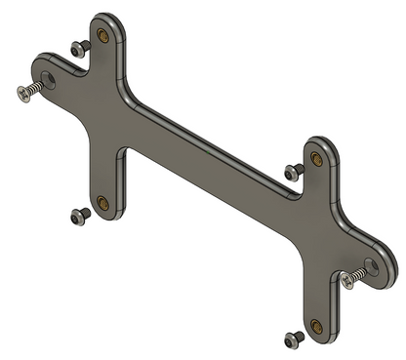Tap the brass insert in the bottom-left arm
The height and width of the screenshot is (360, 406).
click(102, 204)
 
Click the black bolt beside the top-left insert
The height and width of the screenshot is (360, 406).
click(77, 48)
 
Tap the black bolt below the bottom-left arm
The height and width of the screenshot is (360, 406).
click(77, 217)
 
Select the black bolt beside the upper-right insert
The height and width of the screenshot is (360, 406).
click(291, 172)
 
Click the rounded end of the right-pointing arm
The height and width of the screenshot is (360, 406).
click(377, 257)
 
